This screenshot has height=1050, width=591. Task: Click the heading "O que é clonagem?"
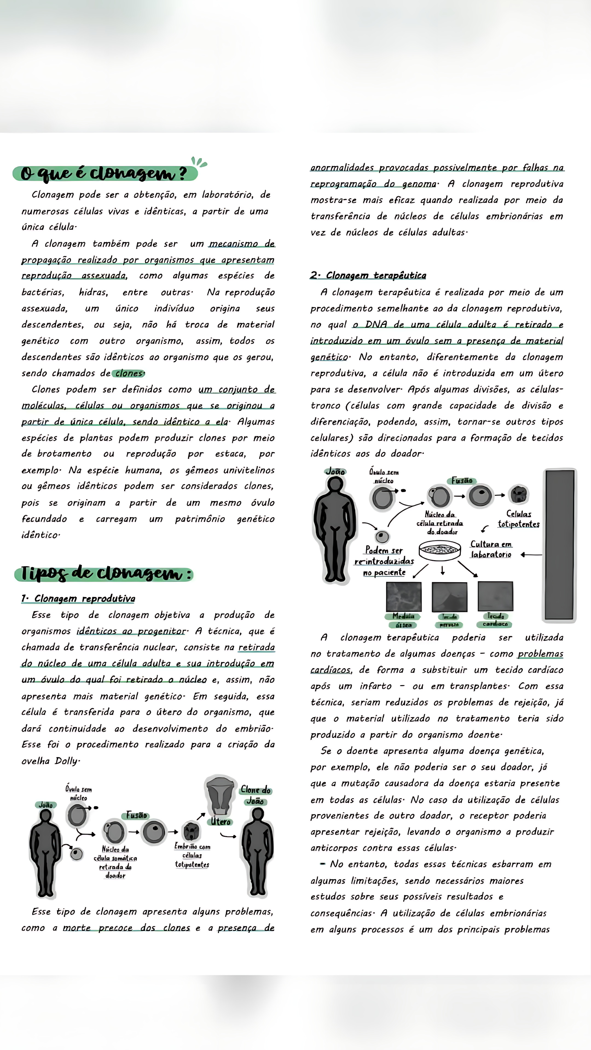coord(104,174)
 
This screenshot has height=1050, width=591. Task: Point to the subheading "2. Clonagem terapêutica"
coord(368,276)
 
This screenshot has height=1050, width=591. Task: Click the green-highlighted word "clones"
coord(129,373)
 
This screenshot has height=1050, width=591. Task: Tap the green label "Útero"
coord(221,822)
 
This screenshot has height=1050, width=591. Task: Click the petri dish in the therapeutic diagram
coord(440,550)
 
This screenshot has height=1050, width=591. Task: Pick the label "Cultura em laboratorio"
coord(491,549)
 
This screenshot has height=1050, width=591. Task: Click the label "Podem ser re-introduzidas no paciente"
coord(384,561)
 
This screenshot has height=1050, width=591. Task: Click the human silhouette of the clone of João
coord(257,852)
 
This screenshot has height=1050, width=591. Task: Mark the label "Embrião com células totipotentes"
coord(192,855)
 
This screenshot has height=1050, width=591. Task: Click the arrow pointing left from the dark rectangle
coord(531,555)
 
